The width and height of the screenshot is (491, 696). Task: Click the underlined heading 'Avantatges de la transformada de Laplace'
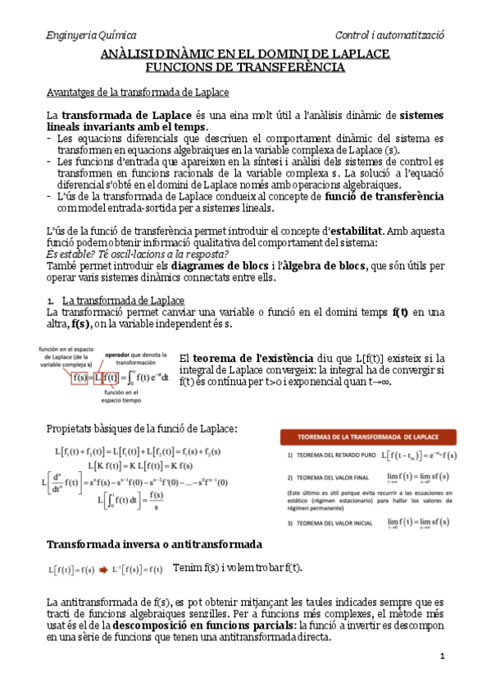click(138, 93)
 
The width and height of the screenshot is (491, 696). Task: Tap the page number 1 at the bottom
click(442, 656)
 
